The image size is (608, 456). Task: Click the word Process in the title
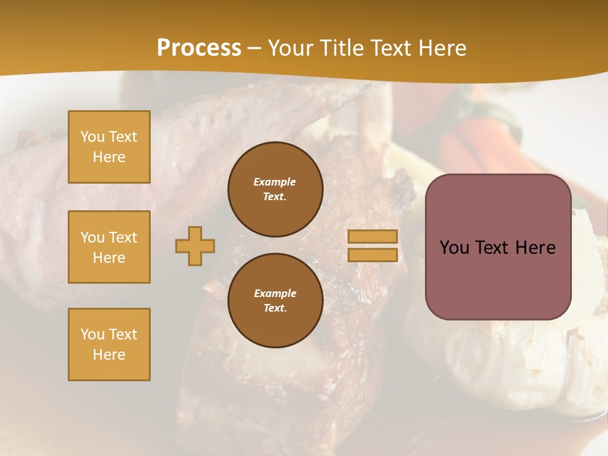[199, 48]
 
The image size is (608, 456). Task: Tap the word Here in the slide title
[441, 48]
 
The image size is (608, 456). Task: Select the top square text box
[109, 147]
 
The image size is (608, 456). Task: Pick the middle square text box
[109, 247]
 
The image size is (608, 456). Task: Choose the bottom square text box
[109, 345]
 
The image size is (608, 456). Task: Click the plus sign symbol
[195, 246]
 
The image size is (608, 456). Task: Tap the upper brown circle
[275, 189]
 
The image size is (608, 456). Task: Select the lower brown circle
[275, 301]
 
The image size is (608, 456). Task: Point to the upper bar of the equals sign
[372, 237]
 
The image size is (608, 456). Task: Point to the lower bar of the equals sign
[372, 255]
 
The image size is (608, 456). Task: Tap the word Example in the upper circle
[275, 182]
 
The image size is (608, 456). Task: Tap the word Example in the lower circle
[275, 294]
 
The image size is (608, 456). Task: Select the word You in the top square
[92, 137]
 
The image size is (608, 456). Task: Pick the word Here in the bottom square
[109, 355]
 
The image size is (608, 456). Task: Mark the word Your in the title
[290, 48]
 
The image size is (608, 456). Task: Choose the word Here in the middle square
[109, 258]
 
